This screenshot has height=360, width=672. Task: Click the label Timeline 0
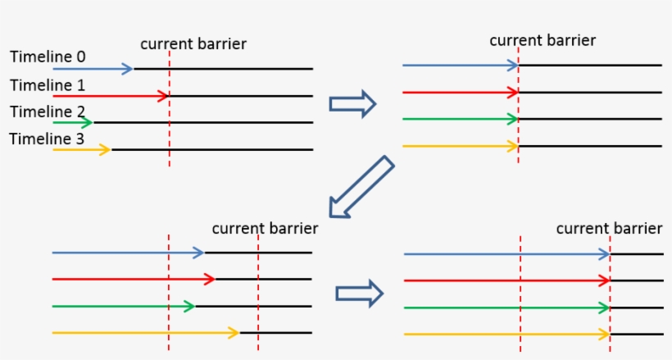[x=48, y=57]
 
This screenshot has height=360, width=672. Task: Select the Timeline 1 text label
[x=48, y=84]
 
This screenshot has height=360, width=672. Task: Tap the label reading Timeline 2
[x=48, y=112]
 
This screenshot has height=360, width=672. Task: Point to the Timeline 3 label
[x=48, y=139]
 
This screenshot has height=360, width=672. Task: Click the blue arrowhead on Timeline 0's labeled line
[x=127, y=69]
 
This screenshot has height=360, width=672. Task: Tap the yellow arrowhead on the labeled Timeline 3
[x=105, y=150]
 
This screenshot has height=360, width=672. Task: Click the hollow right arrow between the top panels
[x=352, y=103]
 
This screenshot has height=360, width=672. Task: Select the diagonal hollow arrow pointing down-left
[x=361, y=188]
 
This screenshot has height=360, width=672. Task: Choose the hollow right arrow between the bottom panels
[x=360, y=293]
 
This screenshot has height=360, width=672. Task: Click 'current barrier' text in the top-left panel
[x=193, y=43]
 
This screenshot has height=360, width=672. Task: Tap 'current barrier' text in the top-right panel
[x=543, y=39]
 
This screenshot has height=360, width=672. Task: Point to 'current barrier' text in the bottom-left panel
[x=265, y=228]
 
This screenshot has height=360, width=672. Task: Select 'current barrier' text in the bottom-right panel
[x=609, y=228]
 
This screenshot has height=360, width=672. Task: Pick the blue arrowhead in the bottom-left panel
[x=198, y=253]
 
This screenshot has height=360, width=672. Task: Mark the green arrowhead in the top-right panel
[x=513, y=119]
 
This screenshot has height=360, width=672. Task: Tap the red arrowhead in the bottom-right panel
[x=605, y=280]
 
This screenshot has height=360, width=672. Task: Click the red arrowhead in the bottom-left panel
[x=210, y=280]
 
